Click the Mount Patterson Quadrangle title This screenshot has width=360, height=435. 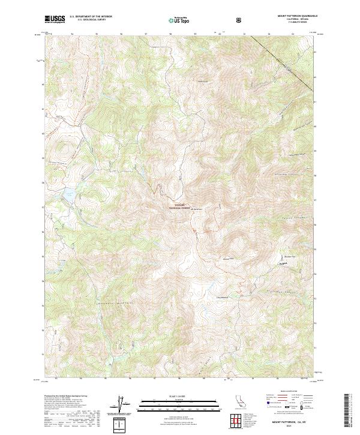point(293,17)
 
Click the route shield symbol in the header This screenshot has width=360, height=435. point(240,20)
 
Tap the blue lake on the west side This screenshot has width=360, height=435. point(68,193)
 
